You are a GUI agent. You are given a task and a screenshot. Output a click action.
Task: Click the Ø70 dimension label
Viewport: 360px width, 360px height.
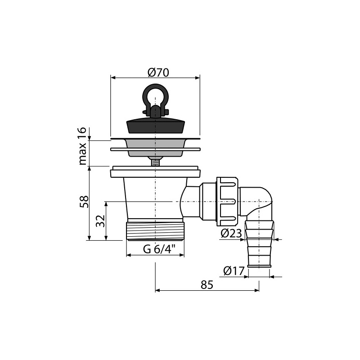[x=158, y=73]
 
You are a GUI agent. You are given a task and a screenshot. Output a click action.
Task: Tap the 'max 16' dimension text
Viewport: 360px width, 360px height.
[x=82, y=146]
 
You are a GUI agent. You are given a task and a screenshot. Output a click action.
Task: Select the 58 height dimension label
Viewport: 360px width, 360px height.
[x=84, y=202]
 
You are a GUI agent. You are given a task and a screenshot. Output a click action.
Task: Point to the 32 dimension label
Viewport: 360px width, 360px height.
[x=100, y=221]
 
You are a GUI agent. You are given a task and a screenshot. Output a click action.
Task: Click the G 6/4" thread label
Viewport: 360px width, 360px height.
[x=159, y=249]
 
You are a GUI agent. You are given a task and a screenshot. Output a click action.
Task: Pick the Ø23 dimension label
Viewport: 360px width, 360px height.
[x=231, y=234]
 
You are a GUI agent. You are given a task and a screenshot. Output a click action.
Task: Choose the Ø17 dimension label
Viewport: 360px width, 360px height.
[x=234, y=271]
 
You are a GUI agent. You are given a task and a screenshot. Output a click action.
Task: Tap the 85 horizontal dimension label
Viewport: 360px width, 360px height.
[x=207, y=285]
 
